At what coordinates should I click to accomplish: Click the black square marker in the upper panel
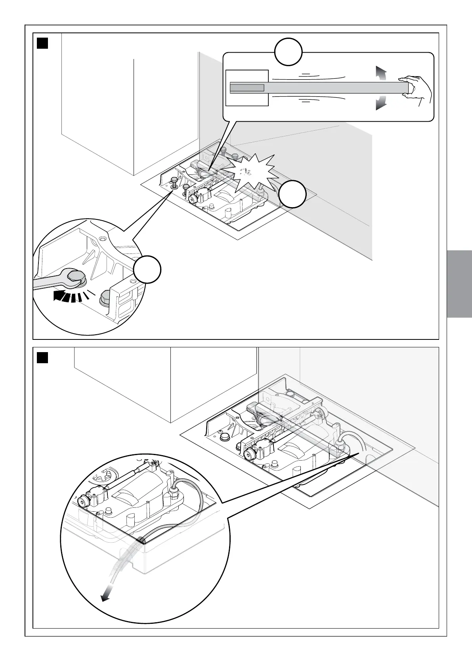42,43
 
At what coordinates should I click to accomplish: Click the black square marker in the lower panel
42,358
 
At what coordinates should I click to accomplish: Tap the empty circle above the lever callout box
289,51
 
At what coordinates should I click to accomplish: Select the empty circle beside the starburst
292,194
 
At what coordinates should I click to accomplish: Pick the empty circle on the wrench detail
147,270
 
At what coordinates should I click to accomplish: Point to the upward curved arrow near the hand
380,74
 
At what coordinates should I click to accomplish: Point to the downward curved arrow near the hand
380,102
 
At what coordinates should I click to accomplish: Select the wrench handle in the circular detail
48,282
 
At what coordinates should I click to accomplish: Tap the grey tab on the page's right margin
459,284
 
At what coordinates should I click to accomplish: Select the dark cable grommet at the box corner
141,540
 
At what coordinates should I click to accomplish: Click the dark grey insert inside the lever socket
247,88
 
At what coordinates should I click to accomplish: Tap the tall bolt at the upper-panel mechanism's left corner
174,183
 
